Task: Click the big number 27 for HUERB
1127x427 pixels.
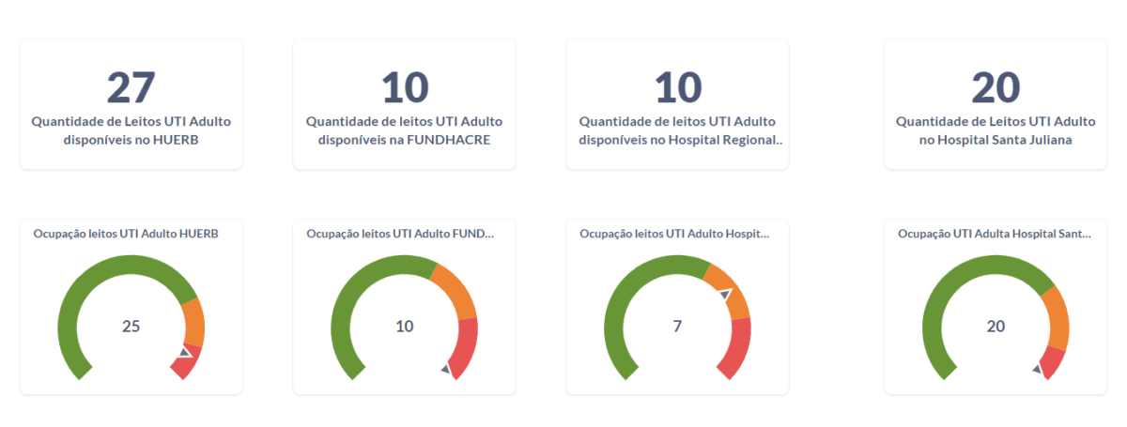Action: click(x=131, y=87)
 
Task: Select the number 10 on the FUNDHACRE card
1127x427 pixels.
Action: click(x=405, y=87)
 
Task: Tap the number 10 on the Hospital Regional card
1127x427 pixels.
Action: click(x=677, y=87)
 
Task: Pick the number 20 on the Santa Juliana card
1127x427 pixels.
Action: click(x=996, y=87)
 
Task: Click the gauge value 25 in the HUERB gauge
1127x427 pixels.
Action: click(x=131, y=327)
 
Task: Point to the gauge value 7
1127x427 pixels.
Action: click(x=677, y=327)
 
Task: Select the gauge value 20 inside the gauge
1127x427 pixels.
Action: click(x=996, y=327)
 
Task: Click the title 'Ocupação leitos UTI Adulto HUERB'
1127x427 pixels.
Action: click(x=126, y=234)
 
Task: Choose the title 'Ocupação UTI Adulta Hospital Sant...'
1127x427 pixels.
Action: click(x=995, y=234)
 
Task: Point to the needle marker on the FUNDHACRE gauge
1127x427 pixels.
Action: click(x=446, y=370)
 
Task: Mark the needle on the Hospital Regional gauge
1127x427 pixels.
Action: click(x=724, y=295)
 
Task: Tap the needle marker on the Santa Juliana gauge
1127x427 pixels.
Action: click(x=1037, y=369)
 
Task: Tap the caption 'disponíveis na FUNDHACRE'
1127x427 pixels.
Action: click(x=405, y=140)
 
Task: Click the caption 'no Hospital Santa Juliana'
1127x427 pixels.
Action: click(x=996, y=140)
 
